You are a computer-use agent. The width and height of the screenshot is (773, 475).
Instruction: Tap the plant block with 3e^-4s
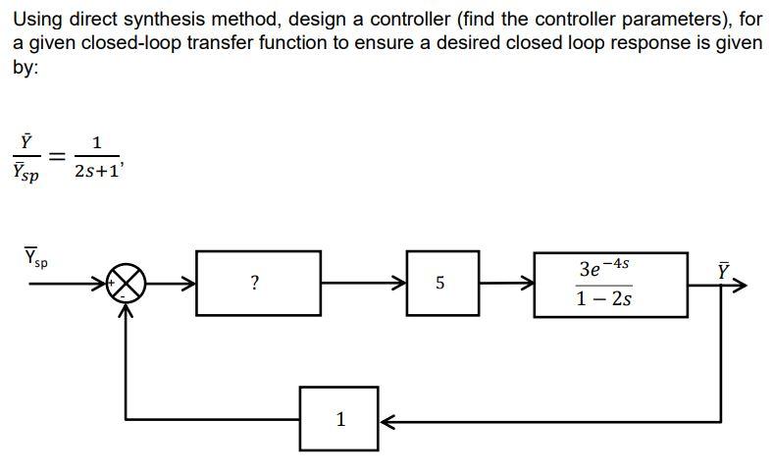click(609, 284)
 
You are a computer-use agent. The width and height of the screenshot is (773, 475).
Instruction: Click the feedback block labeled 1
click(339, 419)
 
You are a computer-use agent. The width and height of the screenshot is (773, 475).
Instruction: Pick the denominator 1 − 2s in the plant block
click(605, 298)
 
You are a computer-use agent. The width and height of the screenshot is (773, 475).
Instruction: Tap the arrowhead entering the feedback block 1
click(386, 420)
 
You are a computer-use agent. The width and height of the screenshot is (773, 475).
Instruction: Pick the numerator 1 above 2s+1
click(95, 142)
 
